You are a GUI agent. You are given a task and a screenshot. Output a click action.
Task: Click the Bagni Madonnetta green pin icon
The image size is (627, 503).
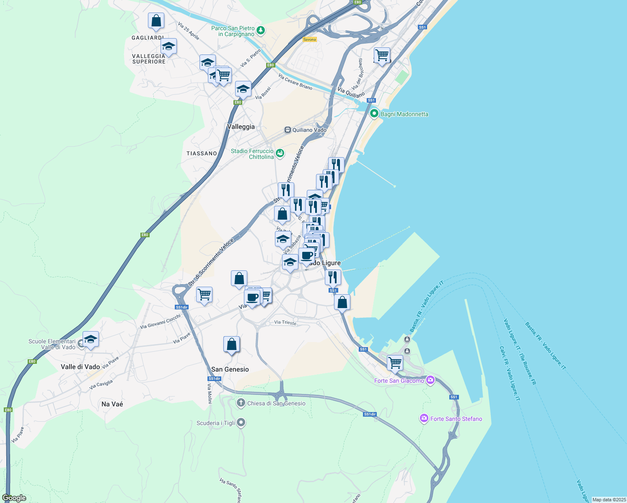tap(374, 114)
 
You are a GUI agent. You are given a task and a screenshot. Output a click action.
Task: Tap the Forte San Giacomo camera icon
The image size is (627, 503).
tap(430, 380)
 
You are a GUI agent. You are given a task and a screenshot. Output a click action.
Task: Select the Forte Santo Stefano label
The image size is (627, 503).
tap(456, 419)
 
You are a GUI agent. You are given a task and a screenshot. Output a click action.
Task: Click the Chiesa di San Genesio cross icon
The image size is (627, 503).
tap(241, 403)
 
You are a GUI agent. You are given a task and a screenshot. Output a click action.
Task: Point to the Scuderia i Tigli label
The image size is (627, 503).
tap(216, 423)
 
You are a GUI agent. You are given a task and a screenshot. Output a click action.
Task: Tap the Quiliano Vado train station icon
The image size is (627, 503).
tap(288, 130)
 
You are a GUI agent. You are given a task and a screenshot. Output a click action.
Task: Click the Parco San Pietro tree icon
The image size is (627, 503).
tap(261, 30)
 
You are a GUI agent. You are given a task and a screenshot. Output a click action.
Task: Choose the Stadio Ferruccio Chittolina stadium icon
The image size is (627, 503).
tap(280, 153)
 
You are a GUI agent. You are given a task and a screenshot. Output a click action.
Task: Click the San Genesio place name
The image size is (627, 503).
tap(230, 369)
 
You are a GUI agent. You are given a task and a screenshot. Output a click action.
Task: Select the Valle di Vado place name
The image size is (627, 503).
tap(80, 367)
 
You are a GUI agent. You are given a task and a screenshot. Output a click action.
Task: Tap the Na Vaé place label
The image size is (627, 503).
tap(112, 404)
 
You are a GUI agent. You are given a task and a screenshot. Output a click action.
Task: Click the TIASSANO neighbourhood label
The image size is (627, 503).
tap(202, 153)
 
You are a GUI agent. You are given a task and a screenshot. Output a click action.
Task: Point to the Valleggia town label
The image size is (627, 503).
tap(241, 127)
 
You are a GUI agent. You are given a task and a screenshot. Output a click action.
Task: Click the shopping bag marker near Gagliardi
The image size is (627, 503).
tap(156, 21)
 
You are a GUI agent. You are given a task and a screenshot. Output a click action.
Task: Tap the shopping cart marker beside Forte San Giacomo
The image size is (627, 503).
tap(395, 363)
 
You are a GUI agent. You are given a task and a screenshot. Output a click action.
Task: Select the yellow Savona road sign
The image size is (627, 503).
tap(309, 39)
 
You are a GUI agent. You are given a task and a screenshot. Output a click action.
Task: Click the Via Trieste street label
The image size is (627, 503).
tap(285, 322)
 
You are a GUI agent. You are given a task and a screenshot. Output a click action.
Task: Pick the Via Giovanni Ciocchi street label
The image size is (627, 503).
tap(160, 322)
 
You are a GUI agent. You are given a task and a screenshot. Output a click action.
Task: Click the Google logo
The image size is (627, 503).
tap(14, 498)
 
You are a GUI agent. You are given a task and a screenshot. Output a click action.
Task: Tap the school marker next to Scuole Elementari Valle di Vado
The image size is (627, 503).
tap(91, 340)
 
